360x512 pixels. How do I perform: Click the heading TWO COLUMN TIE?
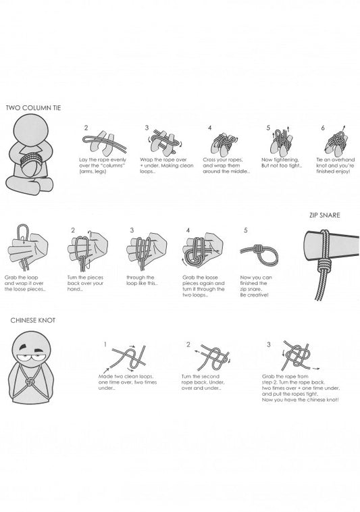pos(33,108)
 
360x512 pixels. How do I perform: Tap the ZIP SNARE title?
pos(324,215)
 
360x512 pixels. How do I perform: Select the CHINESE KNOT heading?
pos(33,320)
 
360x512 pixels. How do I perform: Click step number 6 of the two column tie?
pos(323,128)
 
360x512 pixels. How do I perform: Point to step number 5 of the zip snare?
pos(246,230)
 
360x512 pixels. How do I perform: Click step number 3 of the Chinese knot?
pos(269,344)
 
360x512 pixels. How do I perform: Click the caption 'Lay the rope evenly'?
pos(103,159)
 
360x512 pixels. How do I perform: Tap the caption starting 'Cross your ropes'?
pos(226,165)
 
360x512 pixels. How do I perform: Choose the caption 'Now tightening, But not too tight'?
pos(282,163)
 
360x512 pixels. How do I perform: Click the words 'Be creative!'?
pos(254,295)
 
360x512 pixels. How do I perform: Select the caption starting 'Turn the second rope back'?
pos(203,382)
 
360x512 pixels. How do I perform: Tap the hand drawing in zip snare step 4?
pos(203,250)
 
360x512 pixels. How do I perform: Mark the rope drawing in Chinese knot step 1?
pos(127,358)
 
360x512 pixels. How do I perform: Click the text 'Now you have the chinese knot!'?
pos(301,400)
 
